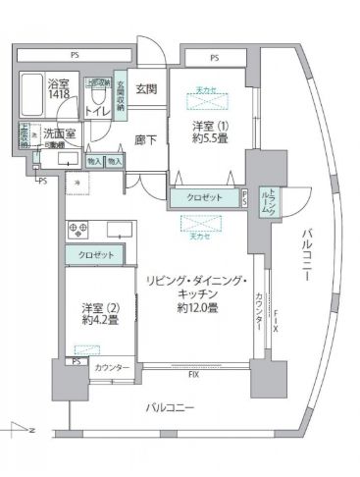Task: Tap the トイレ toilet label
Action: click(x=99, y=111)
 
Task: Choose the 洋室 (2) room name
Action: click(x=101, y=313)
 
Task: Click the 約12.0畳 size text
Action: click(x=197, y=308)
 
